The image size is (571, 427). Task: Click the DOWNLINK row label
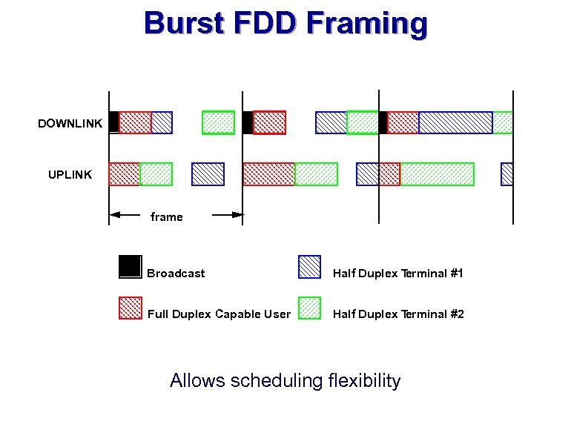(x=70, y=124)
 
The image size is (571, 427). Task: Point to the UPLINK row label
(x=70, y=175)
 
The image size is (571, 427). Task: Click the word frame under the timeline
(x=166, y=216)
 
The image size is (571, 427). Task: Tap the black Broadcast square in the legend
(x=131, y=266)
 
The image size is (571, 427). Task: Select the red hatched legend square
(x=131, y=308)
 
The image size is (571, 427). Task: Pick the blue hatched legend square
(x=309, y=266)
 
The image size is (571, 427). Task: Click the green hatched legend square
(x=309, y=308)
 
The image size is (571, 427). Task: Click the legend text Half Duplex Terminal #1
(x=398, y=274)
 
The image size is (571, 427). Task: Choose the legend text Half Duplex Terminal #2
(x=398, y=314)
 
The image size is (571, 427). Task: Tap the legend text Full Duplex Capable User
(x=219, y=314)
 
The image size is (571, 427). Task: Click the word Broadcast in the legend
(x=176, y=274)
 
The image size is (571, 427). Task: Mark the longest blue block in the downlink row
(x=455, y=122)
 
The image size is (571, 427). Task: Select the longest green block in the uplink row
(x=437, y=173)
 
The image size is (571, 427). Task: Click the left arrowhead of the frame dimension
(x=114, y=216)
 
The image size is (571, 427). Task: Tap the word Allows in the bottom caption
(x=198, y=381)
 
